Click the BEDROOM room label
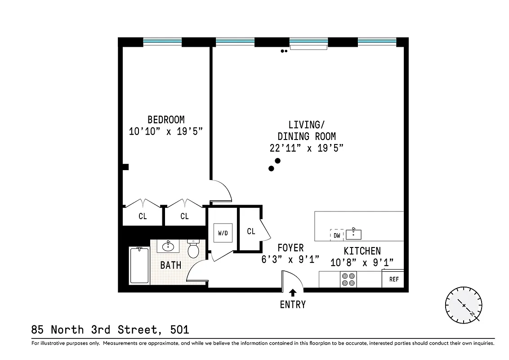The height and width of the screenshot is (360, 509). (x=166, y=120)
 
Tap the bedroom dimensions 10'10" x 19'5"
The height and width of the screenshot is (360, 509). (x=166, y=131)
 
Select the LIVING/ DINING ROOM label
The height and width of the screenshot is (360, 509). (x=306, y=130)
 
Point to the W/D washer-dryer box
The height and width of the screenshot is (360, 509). (x=223, y=233)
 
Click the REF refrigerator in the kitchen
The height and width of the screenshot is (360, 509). (x=393, y=279)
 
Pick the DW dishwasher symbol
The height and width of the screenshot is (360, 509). (x=337, y=235)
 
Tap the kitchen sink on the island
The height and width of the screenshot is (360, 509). (x=354, y=234)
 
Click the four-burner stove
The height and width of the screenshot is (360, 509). (x=348, y=279)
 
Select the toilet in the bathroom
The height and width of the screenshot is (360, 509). (x=194, y=249)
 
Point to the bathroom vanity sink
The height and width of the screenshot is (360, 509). (x=169, y=246)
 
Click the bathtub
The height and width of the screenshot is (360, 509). (x=139, y=265)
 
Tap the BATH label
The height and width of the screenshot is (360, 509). (x=171, y=265)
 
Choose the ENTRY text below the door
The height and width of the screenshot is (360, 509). (x=293, y=305)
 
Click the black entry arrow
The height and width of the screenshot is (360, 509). (x=293, y=293)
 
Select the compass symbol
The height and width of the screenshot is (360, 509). (x=464, y=305)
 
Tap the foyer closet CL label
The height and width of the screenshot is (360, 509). (x=251, y=231)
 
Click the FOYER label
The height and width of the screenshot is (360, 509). (x=290, y=248)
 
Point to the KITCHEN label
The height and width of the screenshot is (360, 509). (x=362, y=251)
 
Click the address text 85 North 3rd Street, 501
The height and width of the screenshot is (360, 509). (x=110, y=330)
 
